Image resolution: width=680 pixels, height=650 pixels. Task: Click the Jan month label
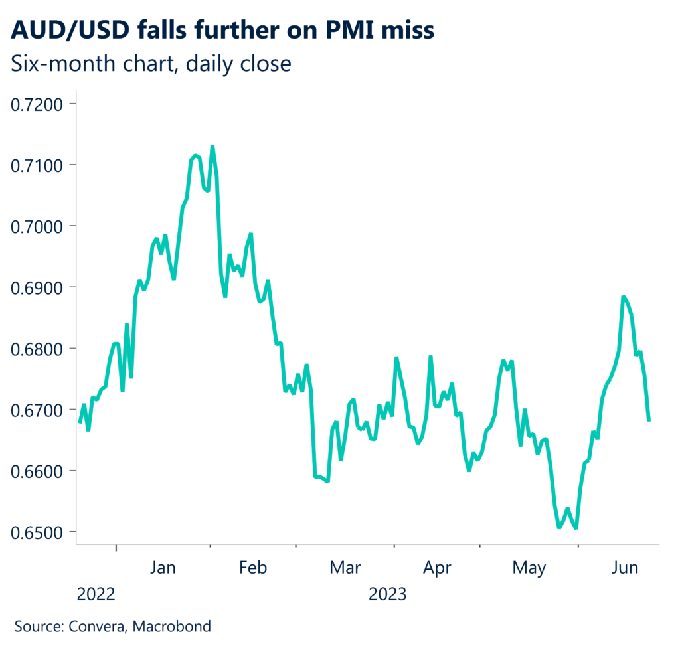(x=163, y=568)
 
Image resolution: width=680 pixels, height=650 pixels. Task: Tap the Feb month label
(x=252, y=568)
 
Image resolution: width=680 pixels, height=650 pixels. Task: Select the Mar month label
(x=345, y=568)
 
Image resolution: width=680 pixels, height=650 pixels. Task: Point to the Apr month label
(x=437, y=568)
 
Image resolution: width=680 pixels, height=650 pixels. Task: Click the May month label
(x=529, y=568)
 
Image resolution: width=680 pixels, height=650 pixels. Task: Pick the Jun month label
(x=624, y=568)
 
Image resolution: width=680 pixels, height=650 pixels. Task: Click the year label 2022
(x=96, y=593)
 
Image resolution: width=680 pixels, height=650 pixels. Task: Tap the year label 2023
(x=387, y=593)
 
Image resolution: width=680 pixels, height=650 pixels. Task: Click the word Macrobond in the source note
(x=179, y=626)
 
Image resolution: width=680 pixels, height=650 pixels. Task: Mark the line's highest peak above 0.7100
(x=212, y=147)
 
